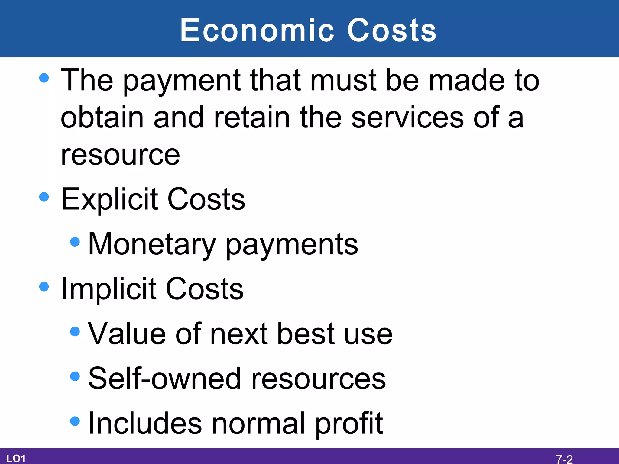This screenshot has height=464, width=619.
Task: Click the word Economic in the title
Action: [x=257, y=30]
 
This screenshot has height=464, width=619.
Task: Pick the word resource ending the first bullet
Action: [x=120, y=155]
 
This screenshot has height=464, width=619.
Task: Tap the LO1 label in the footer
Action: [x=16, y=459]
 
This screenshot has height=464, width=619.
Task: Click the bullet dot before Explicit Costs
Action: [x=44, y=197]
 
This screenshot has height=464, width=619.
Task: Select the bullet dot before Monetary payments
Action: [x=75, y=242]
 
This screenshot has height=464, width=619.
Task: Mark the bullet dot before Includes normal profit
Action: [x=75, y=421]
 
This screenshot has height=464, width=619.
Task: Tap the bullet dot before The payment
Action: [x=44, y=78]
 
